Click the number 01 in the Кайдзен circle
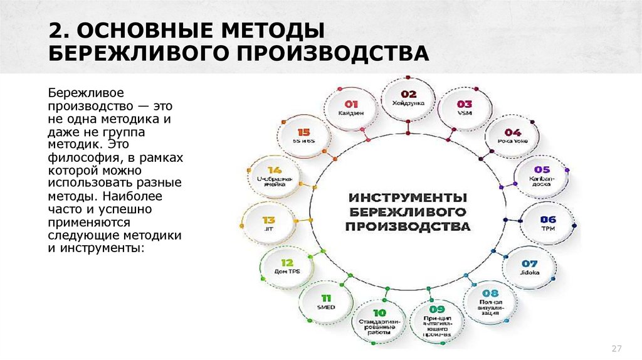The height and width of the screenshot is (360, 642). click(351, 103)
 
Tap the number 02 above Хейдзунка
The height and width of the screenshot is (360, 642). click(408, 92)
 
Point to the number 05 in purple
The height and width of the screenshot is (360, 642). click(541, 169)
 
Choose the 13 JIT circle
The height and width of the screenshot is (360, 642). click(269, 223)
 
